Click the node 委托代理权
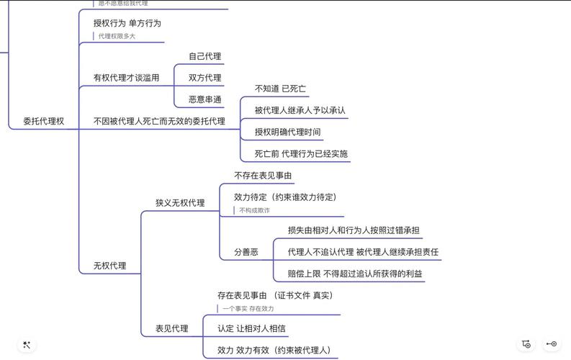click(43, 122)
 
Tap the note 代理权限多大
click(117, 36)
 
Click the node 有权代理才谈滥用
click(126, 78)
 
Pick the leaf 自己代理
click(204, 56)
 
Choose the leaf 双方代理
click(204, 78)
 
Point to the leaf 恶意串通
click(204, 99)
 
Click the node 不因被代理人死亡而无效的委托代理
click(158, 122)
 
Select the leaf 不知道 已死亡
click(280, 89)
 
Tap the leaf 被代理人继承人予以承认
click(300, 111)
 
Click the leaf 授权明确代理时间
click(287, 132)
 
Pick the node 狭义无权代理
click(180, 203)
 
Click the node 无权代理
click(109, 266)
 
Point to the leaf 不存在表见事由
click(263, 176)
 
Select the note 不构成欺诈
click(254, 210)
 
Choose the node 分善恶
click(246, 253)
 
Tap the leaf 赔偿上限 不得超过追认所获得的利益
click(355, 274)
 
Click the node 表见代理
click(171, 329)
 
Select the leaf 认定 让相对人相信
click(251, 329)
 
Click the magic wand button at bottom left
click(27, 345)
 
